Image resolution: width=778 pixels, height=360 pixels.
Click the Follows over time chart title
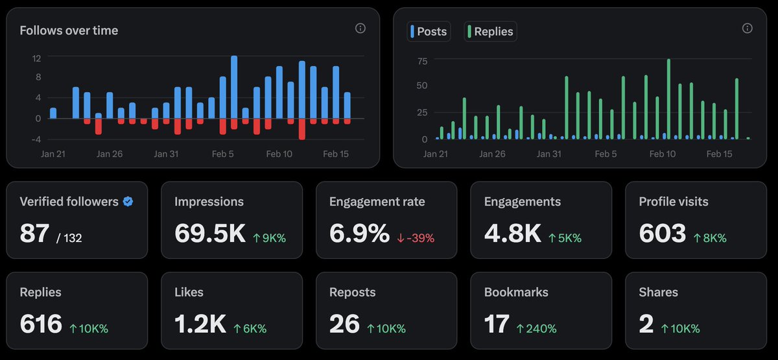pyautogui.click(x=69, y=30)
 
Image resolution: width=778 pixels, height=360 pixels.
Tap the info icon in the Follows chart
pyautogui.click(x=360, y=29)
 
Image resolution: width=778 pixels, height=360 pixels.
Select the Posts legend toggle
pyautogui.click(x=429, y=31)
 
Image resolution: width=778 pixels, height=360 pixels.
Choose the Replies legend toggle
pyautogui.click(x=490, y=31)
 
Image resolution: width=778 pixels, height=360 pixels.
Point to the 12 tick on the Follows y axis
pyautogui.click(x=37, y=58)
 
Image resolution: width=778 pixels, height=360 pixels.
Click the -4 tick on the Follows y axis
pyautogui.click(x=36, y=139)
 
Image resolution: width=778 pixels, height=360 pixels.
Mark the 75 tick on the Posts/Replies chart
pyautogui.click(x=422, y=61)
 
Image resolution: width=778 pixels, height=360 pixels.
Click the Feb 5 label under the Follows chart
pyautogui.click(x=223, y=154)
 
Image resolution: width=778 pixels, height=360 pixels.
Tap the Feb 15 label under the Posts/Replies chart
pyautogui.click(x=718, y=154)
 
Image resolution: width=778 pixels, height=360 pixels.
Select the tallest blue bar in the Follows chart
pyautogui.click(x=234, y=87)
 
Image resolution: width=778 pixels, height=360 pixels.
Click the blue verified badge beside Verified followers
pyautogui.click(x=128, y=202)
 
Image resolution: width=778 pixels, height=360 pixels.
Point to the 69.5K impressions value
pyautogui.click(x=209, y=234)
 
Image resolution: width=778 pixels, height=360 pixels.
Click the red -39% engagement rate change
pyautogui.click(x=416, y=237)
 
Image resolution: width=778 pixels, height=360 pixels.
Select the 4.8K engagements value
pyautogui.click(x=512, y=234)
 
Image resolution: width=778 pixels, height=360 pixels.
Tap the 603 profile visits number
pyautogui.click(x=662, y=234)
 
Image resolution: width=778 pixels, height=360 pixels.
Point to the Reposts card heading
pyautogui.click(x=352, y=293)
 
